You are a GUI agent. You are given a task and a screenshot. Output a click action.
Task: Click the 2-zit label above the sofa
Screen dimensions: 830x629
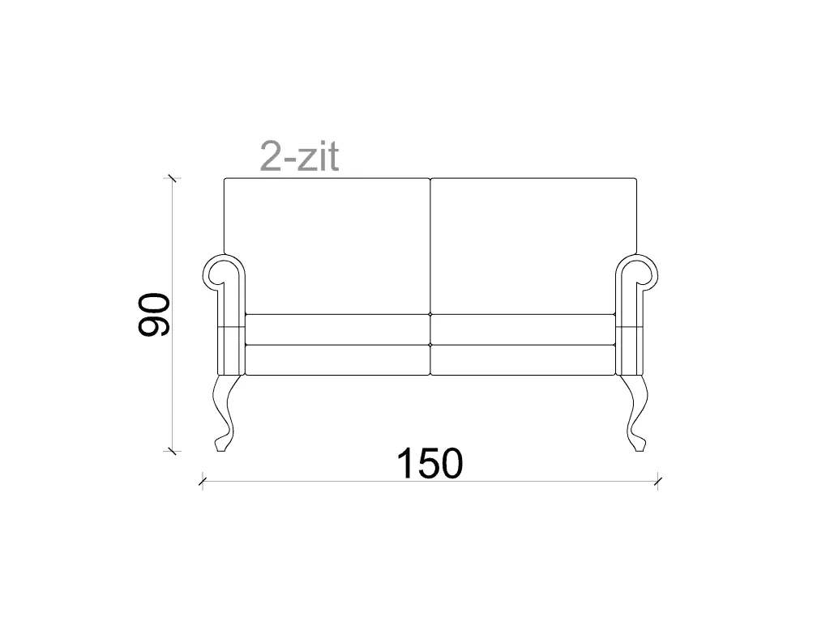pyautogui.click(x=299, y=157)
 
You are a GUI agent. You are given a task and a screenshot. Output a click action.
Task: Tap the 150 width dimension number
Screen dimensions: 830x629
pyautogui.click(x=430, y=464)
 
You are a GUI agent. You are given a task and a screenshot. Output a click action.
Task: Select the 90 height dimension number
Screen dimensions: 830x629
pyautogui.click(x=153, y=314)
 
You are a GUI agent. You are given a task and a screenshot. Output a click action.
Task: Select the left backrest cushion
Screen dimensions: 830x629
pyautogui.click(x=327, y=246)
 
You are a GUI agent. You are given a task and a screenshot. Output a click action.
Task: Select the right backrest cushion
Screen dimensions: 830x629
pyautogui.click(x=533, y=246)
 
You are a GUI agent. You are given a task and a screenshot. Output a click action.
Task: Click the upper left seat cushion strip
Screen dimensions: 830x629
pyautogui.click(x=338, y=329)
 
